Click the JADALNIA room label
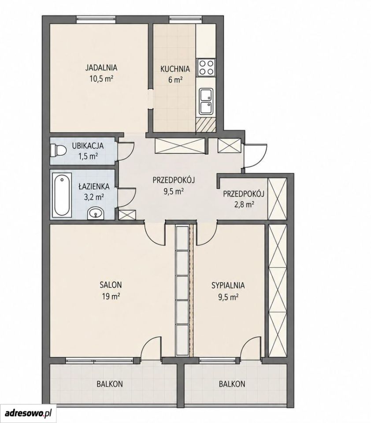point(101,67)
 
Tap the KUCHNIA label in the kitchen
point(175,69)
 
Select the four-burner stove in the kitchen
point(206,67)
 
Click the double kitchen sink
point(206,101)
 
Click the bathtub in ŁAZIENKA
point(62,195)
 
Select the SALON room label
point(111,285)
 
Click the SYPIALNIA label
point(228,285)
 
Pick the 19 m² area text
point(111,297)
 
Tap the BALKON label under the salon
point(110,384)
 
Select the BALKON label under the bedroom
point(232,384)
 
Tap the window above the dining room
point(96,19)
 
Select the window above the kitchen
point(185,19)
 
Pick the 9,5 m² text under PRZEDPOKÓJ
point(174,192)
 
